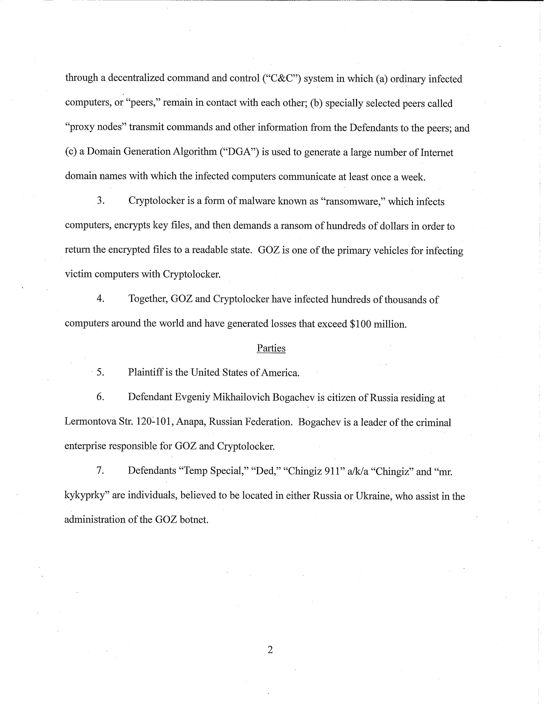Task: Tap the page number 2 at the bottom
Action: [270, 649]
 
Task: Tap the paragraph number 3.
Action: [100, 200]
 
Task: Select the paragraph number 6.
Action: [100, 397]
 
